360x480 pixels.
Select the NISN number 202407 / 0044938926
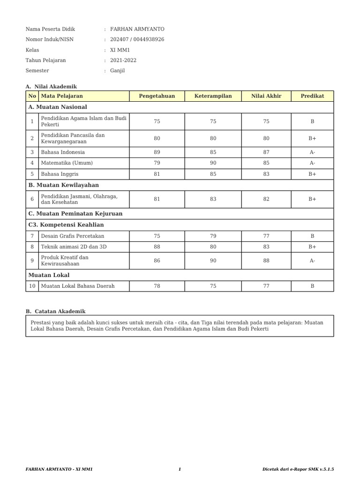click(137, 39)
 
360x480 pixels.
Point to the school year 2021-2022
click(123, 60)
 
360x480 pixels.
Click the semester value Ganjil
click(117, 70)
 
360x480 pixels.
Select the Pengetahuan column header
click(157, 96)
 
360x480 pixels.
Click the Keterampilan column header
click(213, 96)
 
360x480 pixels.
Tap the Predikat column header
click(312, 96)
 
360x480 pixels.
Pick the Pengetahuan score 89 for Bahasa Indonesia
click(157, 152)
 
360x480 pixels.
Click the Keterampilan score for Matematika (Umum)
click(213, 163)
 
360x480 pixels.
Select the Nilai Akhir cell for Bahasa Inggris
click(266, 174)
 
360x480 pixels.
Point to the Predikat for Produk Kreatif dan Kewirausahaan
click(312, 261)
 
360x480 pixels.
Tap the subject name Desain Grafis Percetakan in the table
click(73, 236)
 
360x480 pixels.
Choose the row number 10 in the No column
click(32, 285)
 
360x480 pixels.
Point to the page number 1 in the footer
click(180, 469)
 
